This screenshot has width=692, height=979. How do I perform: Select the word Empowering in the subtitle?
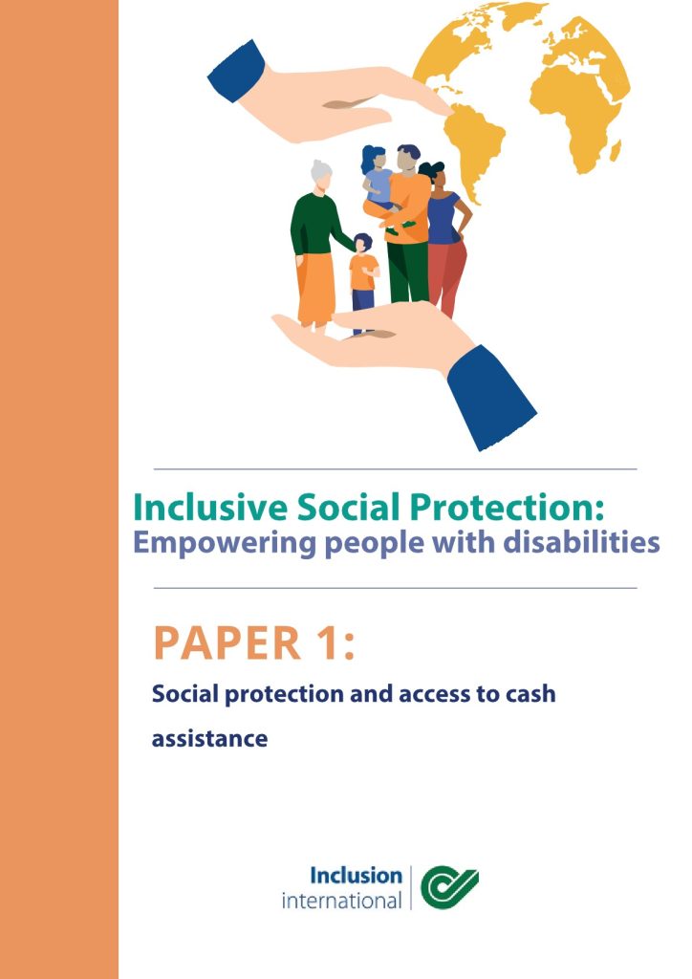(x=225, y=543)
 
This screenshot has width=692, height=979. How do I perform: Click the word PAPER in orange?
(x=227, y=642)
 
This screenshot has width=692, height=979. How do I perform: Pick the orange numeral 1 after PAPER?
(x=328, y=642)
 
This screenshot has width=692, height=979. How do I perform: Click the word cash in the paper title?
(x=530, y=694)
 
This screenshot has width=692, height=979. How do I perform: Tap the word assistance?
(x=209, y=739)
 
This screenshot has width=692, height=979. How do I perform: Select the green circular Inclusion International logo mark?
(x=449, y=886)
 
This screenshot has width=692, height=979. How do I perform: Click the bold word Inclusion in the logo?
(x=357, y=876)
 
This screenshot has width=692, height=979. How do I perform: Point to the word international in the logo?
(x=342, y=901)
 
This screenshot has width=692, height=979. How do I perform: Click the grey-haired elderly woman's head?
(x=321, y=173)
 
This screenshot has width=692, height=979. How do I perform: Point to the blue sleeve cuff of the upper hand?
(x=236, y=71)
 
